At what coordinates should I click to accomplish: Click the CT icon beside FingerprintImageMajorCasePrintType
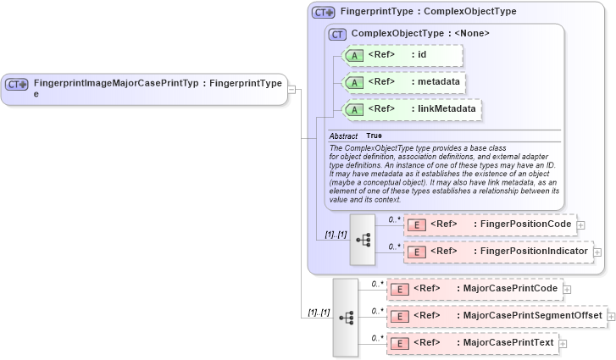[17, 84]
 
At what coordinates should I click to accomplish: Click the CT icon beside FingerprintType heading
[324, 13]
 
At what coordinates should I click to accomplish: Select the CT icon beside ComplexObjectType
[338, 34]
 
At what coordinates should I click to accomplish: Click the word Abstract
[343, 136]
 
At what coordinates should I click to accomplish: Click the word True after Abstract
[374, 136]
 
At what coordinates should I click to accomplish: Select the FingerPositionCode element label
[525, 224]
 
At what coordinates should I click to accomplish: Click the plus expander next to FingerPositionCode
[582, 224]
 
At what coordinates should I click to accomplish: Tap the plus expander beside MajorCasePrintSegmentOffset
[610, 316]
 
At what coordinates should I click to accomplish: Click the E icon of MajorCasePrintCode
[399, 289]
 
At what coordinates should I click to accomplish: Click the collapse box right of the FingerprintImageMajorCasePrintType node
[292, 88]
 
